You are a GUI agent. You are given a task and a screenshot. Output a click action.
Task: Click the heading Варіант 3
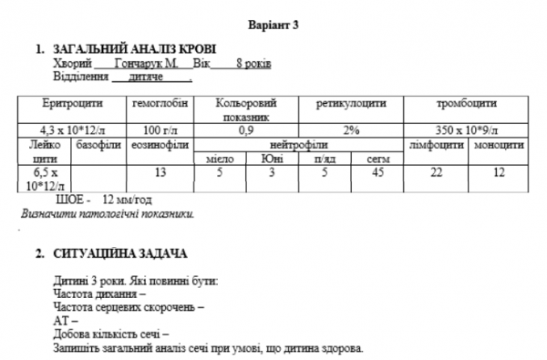click(273, 24)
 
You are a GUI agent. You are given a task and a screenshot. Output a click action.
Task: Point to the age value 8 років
click(252, 64)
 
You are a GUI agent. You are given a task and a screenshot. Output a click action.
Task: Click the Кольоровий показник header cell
click(244, 110)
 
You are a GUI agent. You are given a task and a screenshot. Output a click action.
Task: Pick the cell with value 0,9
click(244, 131)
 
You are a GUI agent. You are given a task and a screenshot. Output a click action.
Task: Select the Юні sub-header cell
click(271, 159)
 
